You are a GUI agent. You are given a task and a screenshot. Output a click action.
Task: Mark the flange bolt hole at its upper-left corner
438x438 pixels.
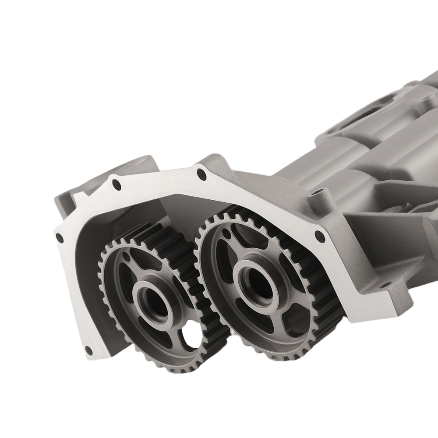click(x=116, y=184)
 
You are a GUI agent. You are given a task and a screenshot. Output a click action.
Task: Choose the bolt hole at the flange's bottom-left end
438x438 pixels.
click(x=88, y=349)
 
